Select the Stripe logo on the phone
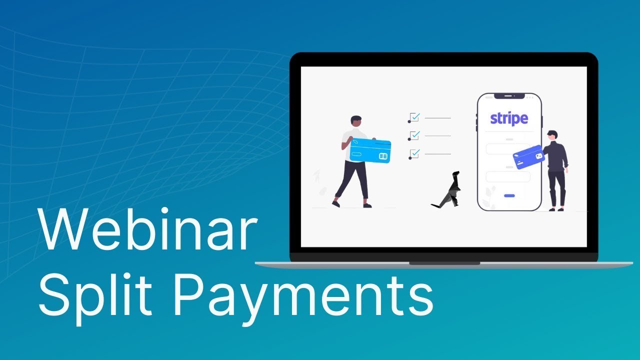pos(508,118)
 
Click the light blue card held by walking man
pos(370,150)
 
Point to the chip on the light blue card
pos(383,156)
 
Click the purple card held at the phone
pos(528,157)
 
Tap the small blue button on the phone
pos(509,195)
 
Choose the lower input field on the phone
pos(507,176)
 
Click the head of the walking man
pos(356,121)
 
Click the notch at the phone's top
pos(509,95)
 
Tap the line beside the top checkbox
pos(438,118)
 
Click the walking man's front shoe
pos(367,205)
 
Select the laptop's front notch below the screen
pos(444,263)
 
